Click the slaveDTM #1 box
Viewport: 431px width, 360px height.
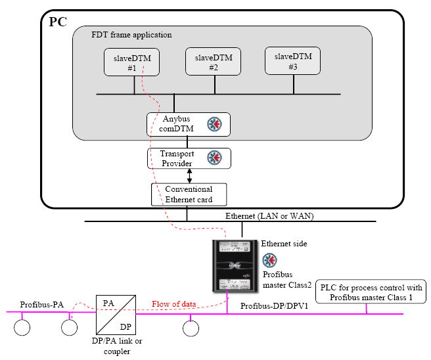(128, 63)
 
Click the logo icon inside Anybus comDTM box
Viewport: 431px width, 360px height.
(215, 124)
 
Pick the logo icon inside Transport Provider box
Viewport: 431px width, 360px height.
(215, 158)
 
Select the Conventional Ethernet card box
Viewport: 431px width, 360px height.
(189, 194)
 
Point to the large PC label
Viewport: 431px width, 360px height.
(57, 22)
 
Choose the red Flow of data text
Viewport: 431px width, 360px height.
(173, 304)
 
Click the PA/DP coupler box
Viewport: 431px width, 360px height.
(116, 314)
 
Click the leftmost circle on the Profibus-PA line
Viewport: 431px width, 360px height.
(23, 327)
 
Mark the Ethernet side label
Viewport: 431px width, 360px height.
(284, 243)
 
